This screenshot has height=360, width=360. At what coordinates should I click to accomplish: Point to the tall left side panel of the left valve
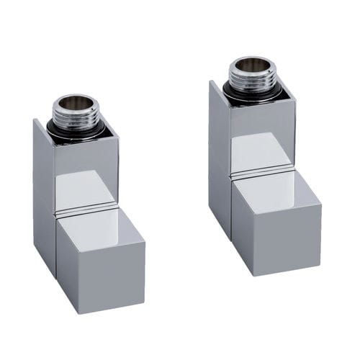(43, 194)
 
